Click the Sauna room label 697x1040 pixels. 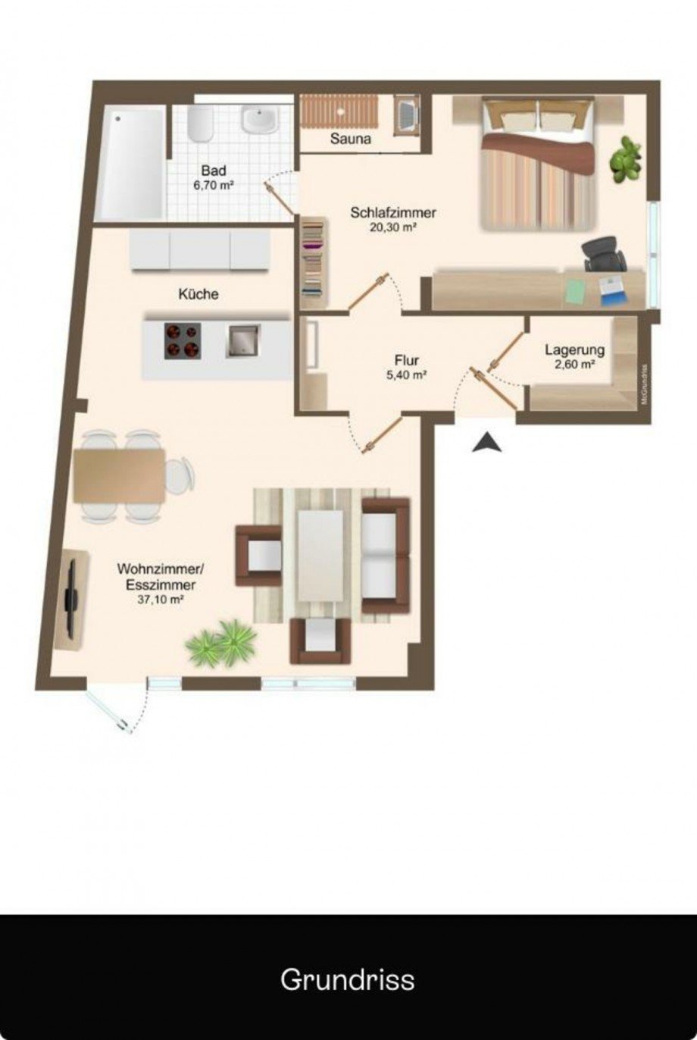[350, 139]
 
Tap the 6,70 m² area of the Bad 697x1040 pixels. [213, 186]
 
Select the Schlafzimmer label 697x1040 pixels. [393, 213]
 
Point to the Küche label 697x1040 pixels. [198, 294]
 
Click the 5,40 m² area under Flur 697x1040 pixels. [407, 375]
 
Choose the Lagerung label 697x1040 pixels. [574, 349]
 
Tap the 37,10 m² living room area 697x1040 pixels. [160, 600]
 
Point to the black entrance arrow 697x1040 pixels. [487, 442]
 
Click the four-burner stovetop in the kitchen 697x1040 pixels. [183, 341]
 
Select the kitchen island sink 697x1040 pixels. [243, 341]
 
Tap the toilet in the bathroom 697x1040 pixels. [201, 124]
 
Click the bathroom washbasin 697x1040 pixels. [260, 118]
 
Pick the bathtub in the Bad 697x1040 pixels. [131, 163]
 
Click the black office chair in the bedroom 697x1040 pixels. [605, 253]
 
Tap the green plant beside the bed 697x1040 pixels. [627, 159]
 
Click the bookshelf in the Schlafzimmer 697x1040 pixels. [314, 263]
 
